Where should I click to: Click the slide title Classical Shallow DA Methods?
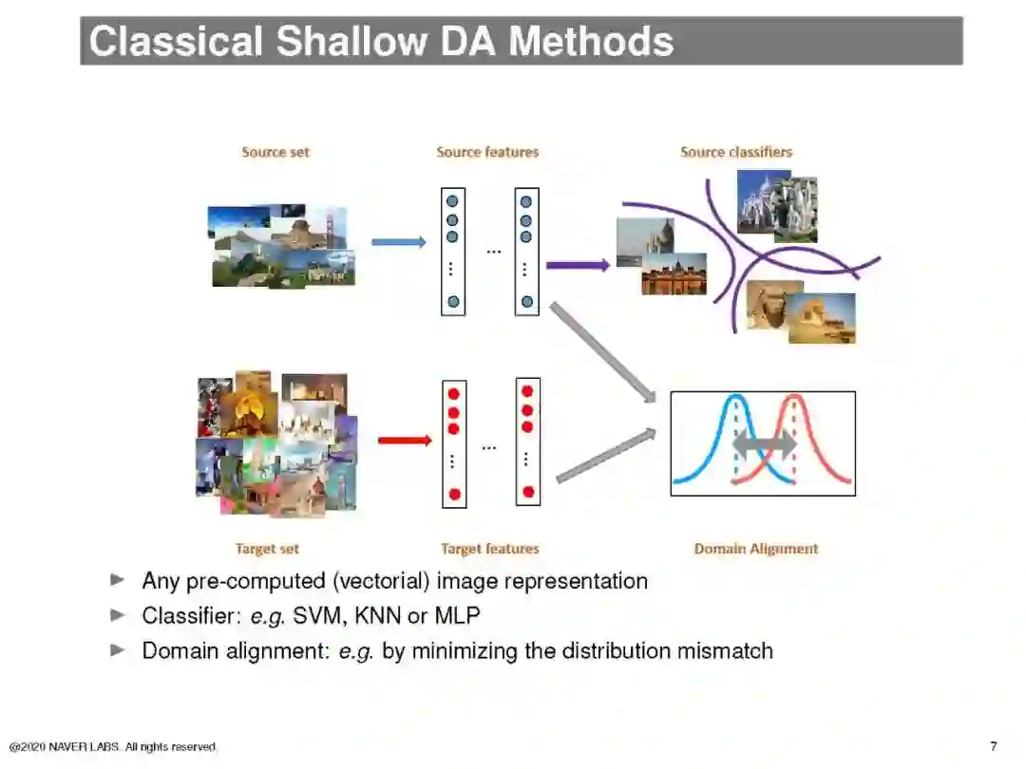[x=381, y=41]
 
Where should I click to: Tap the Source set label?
[x=275, y=152]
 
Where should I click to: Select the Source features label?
[x=487, y=152]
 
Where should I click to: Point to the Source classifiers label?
[x=736, y=152]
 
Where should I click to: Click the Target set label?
[x=267, y=549]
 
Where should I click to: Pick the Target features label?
[x=490, y=549]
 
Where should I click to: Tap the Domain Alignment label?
[x=756, y=549]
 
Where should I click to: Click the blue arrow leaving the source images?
[x=398, y=242]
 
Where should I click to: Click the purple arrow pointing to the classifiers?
[x=578, y=265]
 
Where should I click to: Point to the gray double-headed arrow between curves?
[x=765, y=443]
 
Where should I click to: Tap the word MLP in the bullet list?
[x=457, y=616]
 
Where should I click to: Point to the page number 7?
[x=994, y=746]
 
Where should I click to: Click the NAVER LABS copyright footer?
[x=113, y=747]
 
